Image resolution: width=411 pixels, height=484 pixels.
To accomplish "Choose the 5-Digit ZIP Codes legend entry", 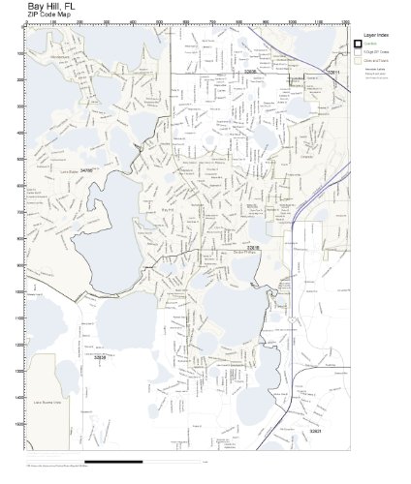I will (x=375, y=53).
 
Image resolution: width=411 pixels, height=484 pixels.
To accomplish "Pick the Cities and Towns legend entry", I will (x=375, y=62).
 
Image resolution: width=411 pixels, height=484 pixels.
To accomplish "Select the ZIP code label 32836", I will (x=100, y=357).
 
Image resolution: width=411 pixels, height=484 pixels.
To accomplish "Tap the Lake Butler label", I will (x=69, y=166).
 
